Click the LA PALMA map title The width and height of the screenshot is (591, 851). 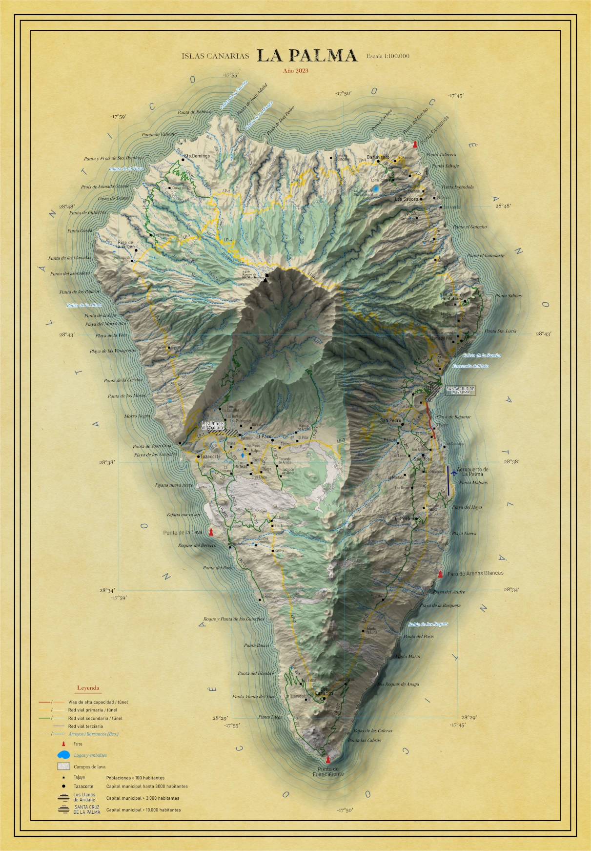point(307,56)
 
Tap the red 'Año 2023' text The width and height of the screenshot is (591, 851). point(296,71)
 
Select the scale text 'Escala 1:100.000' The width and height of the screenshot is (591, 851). point(388,56)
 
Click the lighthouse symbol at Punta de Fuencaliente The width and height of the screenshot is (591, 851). point(328,759)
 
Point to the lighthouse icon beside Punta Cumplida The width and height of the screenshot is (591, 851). point(415,145)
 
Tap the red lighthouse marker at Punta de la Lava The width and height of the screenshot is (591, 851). point(211,532)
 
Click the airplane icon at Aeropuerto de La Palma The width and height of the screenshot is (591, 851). point(454,472)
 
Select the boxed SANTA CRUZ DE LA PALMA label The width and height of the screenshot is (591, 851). point(460,390)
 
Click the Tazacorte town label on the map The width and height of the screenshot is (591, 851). point(211,457)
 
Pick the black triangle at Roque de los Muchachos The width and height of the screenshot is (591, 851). point(265,280)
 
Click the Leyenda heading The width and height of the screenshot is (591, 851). point(88,688)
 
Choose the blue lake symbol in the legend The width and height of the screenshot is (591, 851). point(63,755)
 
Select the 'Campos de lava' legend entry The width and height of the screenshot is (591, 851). point(89,767)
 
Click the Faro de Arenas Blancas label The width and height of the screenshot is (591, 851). point(475,573)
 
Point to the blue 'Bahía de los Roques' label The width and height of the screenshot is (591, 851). point(428,624)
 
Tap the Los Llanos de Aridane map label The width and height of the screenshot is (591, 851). point(213,426)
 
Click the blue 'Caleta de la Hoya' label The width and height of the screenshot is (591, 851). point(126,168)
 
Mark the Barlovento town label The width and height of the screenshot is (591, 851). point(378,157)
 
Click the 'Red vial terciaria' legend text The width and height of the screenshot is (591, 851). point(85,726)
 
